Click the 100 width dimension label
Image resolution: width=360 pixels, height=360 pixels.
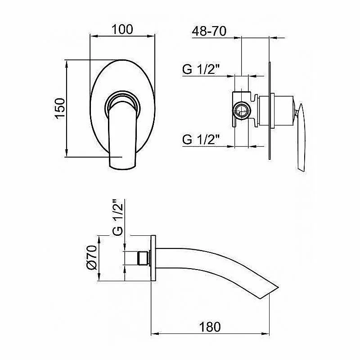tap(122, 29)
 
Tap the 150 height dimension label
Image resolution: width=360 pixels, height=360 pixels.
tap(60, 108)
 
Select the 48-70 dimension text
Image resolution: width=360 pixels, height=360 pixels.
tap(209, 31)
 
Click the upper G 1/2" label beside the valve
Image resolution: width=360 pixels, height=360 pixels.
tap(201, 69)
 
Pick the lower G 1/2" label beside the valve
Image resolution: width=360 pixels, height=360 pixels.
tap(201, 139)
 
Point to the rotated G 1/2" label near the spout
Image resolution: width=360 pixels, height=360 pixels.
tap(118, 218)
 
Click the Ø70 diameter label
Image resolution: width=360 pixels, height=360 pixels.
tap(92, 257)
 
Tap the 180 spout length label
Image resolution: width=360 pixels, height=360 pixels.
tap(210, 327)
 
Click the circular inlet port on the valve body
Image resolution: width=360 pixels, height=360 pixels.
tap(241, 109)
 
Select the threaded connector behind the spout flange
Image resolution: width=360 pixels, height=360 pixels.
tap(144, 258)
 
